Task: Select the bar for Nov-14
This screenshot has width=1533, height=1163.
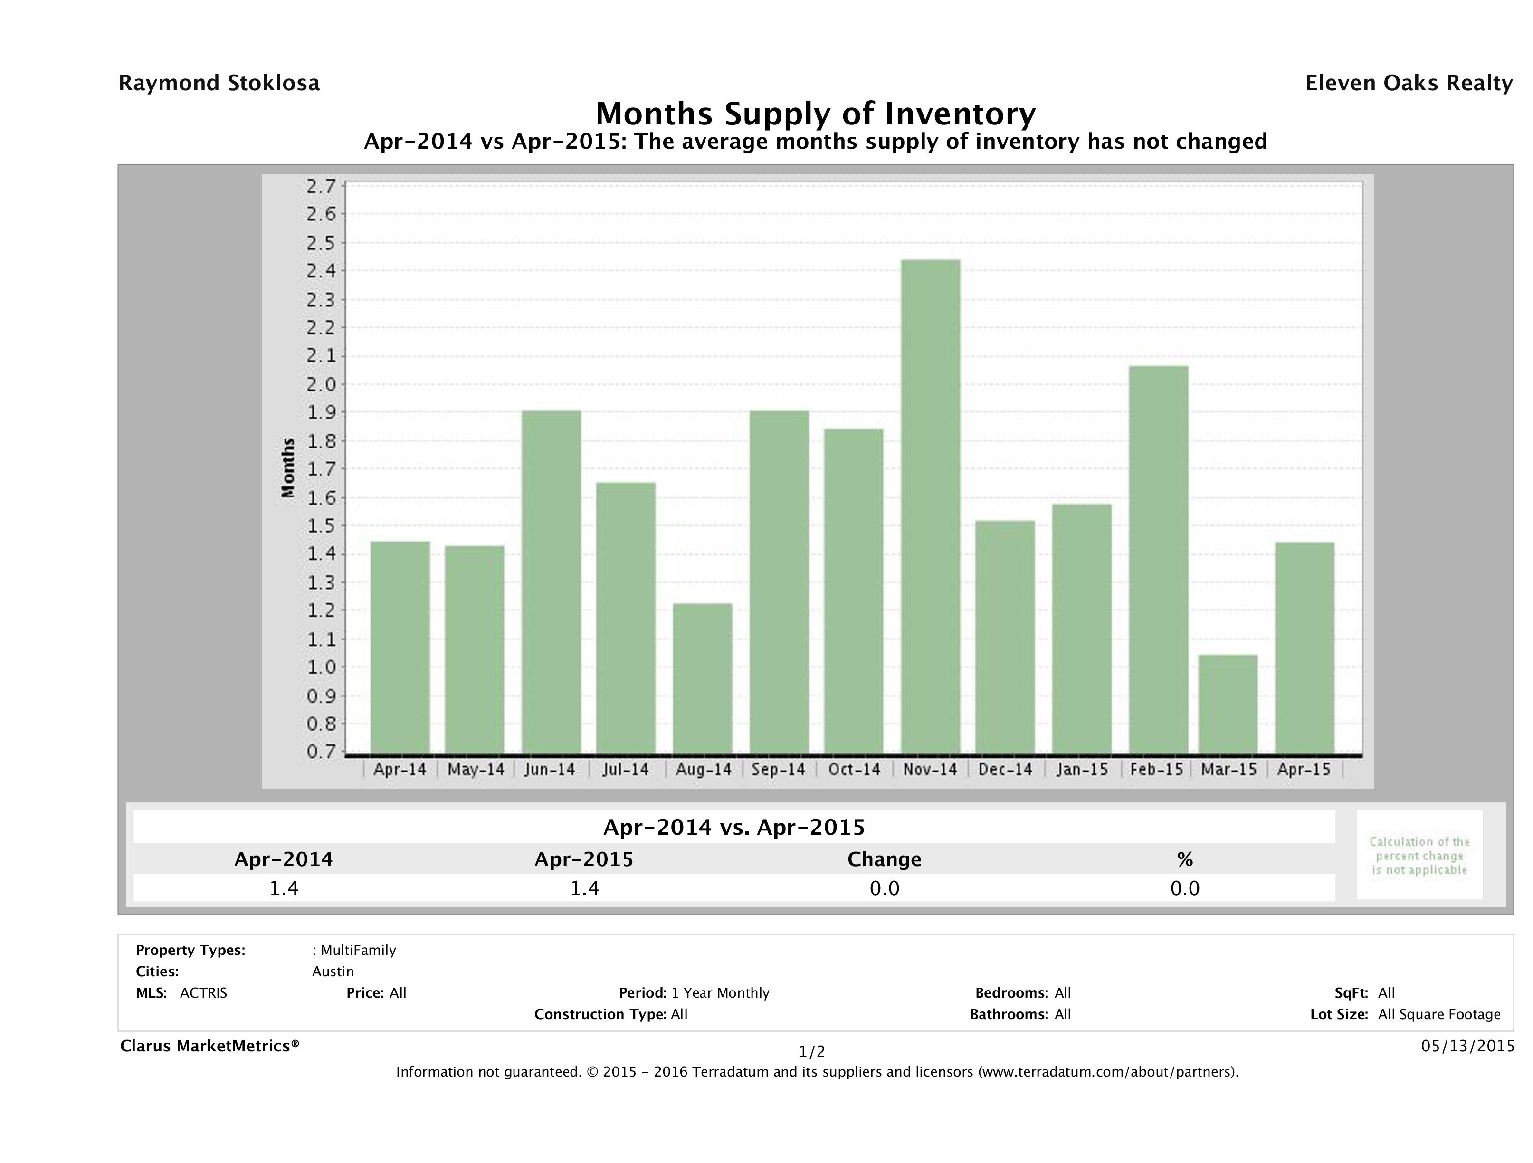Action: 931,506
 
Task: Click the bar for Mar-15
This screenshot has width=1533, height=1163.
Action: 1228,704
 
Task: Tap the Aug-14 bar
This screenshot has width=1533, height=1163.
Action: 702,678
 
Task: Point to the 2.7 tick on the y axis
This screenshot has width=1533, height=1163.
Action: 320,186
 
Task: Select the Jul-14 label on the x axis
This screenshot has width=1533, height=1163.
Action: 626,769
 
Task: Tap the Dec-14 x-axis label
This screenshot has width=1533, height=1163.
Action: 1006,769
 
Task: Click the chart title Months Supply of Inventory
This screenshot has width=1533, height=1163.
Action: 816,114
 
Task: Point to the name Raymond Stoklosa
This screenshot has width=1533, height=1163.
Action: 219,83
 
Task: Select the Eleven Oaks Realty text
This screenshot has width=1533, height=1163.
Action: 1408,83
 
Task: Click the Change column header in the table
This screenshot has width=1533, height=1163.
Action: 885,859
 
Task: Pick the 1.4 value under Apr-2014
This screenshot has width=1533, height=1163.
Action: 284,888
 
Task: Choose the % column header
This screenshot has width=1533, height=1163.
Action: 1184,859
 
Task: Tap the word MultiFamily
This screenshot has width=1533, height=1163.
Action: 358,950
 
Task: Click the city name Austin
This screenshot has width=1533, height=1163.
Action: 333,972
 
